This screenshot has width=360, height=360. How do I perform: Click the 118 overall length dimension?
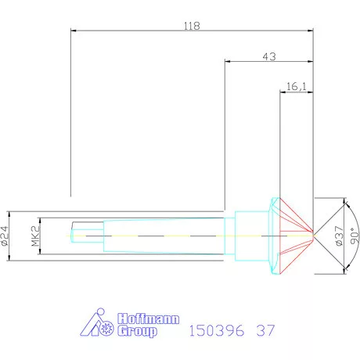(x=192, y=26)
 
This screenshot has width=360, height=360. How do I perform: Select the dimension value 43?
(x=269, y=56)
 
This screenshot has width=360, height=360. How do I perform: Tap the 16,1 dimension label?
(x=297, y=87)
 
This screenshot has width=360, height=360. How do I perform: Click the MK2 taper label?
(x=35, y=235)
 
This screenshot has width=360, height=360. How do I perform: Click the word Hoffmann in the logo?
(x=148, y=319)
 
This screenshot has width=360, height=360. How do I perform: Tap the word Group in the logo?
(x=137, y=332)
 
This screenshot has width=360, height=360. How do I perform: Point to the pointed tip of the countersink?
(x=313, y=234)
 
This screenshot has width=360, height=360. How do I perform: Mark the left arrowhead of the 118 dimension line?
(x=74, y=32)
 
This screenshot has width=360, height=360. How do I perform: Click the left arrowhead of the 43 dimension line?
(x=228, y=63)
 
